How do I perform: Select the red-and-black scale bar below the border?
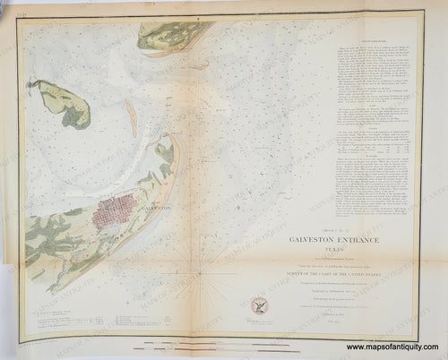tap(224, 339)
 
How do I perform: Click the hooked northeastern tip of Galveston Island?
tap(165, 142)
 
